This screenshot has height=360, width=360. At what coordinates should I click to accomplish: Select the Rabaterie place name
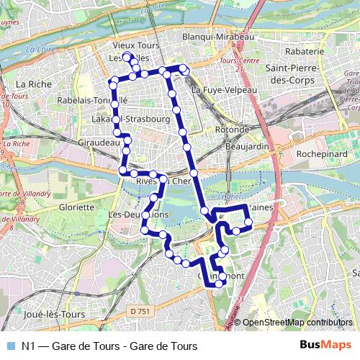[305, 52]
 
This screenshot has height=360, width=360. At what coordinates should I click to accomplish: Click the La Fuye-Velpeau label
[224, 90]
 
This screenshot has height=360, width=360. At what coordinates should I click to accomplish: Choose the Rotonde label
[231, 130]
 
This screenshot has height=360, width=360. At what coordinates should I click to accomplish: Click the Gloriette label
[76, 207]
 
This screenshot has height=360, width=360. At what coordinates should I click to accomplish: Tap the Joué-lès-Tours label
[54, 315]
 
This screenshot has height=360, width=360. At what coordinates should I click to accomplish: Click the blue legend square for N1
[11, 346]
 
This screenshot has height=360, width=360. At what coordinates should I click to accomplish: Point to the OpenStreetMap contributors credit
[297, 323]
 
